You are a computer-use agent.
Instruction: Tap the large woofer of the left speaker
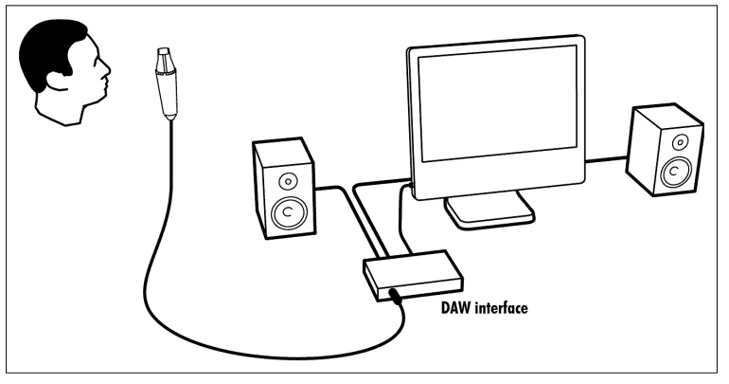pyautogui.click(x=285, y=213)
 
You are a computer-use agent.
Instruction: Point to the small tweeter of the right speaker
pyautogui.click(x=676, y=141)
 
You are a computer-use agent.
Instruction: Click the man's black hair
pyautogui.click(x=52, y=38)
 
